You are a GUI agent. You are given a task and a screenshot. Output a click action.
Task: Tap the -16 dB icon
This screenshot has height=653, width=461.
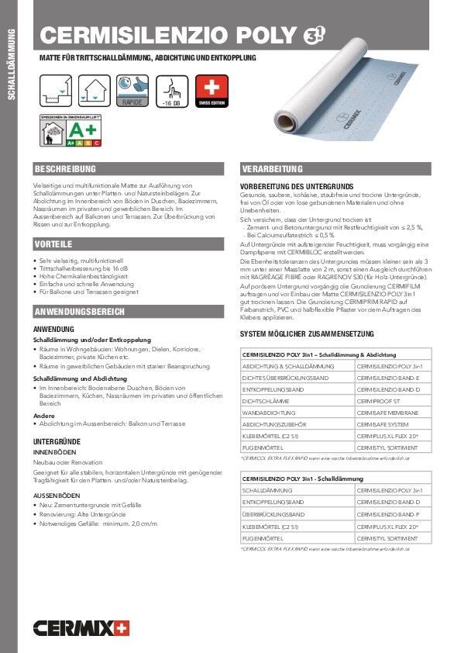coord(172,92)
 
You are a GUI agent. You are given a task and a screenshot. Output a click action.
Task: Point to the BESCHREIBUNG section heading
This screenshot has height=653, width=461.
coord(65,168)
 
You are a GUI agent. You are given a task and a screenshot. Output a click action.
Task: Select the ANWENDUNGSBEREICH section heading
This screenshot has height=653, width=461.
coord(81,312)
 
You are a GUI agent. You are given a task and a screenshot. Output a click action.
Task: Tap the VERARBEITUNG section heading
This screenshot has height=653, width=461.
coord(272,168)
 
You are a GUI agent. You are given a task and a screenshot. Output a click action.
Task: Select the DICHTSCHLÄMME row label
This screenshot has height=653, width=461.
coord(268,401)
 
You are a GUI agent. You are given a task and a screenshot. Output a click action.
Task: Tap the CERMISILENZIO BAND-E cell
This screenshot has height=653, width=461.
coord(388,377)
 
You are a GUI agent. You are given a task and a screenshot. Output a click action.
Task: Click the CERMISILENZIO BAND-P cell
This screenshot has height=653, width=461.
coord(388,514)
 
